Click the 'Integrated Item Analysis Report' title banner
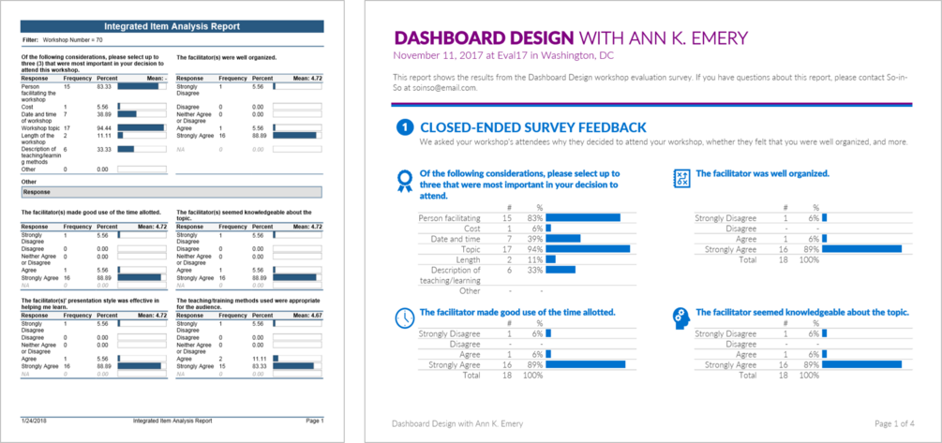click(x=172, y=26)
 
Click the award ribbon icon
click(x=404, y=179)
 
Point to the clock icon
click(x=404, y=317)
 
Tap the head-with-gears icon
click(x=681, y=317)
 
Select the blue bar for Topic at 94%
click(x=588, y=249)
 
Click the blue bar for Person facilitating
click(x=583, y=217)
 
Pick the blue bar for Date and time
click(x=563, y=239)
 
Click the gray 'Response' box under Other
click(x=172, y=192)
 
